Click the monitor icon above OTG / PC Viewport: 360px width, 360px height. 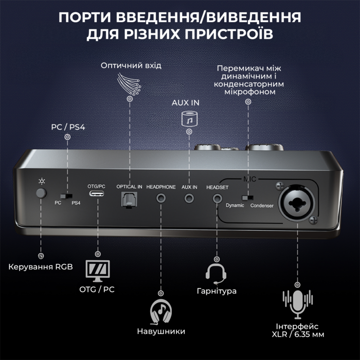pyautogui.click(x=96, y=270)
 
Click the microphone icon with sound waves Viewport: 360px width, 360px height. pyautogui.click(x=297, y=304)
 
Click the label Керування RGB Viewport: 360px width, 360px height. pyautogui.click(x=41, y=266)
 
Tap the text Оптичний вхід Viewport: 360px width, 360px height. pyautogui.click(x=131, y=66)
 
